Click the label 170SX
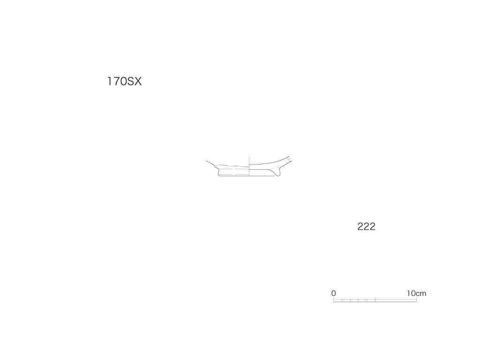pyautogui.click(x=124, y=82)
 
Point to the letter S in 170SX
pyautogui.click(x=130, y=82)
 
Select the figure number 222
pyautogui.click(x=367, y=226)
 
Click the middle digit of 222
pyautogui.click(x=367, y=226)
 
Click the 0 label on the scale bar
pyautogui.click(x=334, y=293)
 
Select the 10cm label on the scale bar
pyautogui.click(x=416, y=293)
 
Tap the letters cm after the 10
pyautogui.click(x=421, y=294)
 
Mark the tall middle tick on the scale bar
pyautogui.click(x=375, y=300)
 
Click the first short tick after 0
pyautogui.click(x=342, y=300)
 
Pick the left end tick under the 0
pyautogui.click(x=333, y=300)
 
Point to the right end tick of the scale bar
pyautogui.click(x=416, y=300)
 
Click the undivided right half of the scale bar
pyautogui.click(x=396, y=300)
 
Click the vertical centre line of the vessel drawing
pyautogui.click(x=249, y=166)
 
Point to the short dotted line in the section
pyautogui.click(x=275, y=168)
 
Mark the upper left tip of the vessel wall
pyautogui.click(x=206, y=160)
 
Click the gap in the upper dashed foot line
pyautogui.click(x=232, y=168)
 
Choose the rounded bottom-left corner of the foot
pyautogui.click(x=219, y=175)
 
